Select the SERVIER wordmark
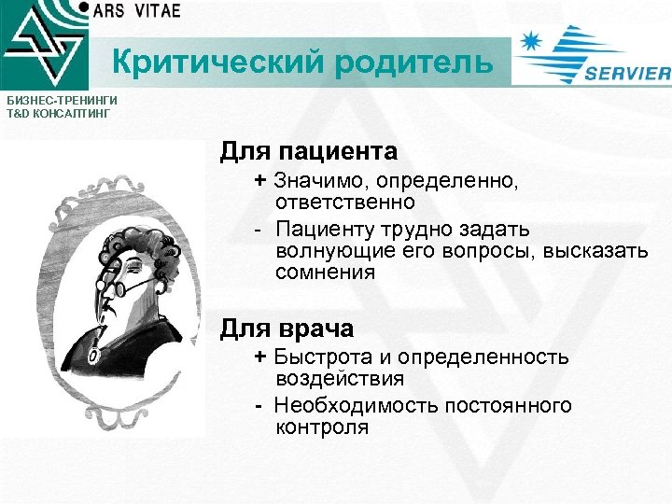tap(626, 75)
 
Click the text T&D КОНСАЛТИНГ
tap(58, 112)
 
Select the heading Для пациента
tap(308, 150)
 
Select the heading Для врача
tap(287, 329)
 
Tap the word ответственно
tap(344, 201)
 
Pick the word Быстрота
tap(317, 357)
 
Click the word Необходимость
tap(344, 405)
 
